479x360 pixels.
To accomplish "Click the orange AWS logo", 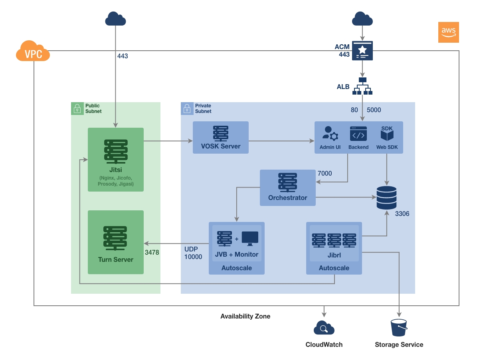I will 448,32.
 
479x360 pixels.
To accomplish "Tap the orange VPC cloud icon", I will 33,52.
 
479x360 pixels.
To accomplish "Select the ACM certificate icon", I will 362,50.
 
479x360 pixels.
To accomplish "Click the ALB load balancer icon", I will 362,86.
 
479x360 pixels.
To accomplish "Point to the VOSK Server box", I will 221,137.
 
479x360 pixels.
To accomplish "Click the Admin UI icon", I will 330,134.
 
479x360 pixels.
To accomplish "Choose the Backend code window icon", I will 358,134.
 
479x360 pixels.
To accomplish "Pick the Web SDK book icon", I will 387,135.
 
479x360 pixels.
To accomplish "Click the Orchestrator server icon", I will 287,182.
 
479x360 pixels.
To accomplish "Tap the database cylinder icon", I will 386,198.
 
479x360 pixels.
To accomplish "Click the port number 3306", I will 402,214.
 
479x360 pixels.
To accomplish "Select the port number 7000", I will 325,174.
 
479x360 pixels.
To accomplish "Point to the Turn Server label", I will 115,259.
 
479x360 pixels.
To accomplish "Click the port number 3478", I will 152,252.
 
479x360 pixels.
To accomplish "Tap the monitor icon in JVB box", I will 249,239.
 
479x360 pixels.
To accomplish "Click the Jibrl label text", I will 334,255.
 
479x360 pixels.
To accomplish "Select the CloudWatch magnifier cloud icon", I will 324,328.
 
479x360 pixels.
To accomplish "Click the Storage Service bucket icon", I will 399,328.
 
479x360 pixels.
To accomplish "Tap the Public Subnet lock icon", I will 77,108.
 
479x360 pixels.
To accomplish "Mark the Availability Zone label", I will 245,316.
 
